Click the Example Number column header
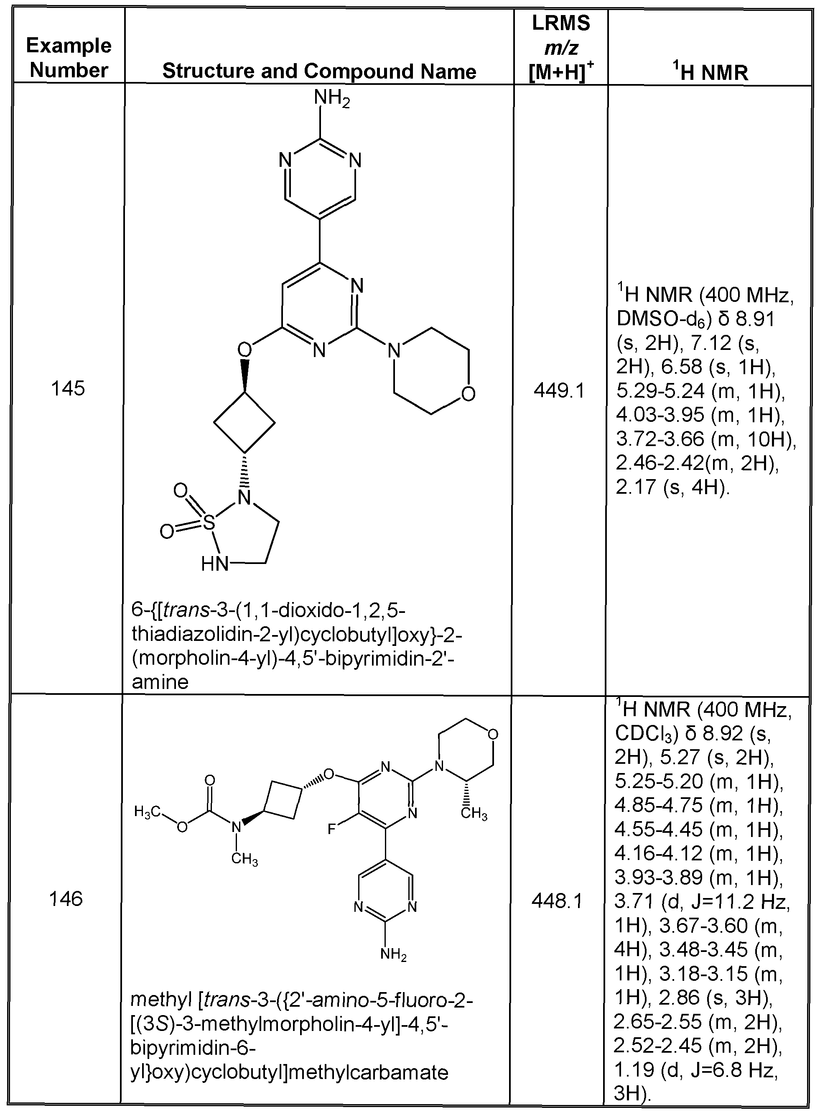point(69,58)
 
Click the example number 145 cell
point(68,389)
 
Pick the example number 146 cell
point(66,899)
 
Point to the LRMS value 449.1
point(559,391)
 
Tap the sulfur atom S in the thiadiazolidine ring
point(209,523)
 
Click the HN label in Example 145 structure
point(214,564)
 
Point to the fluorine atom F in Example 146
point(332,829)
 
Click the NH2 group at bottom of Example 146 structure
point(393,954)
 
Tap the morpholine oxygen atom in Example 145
point(468,394)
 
